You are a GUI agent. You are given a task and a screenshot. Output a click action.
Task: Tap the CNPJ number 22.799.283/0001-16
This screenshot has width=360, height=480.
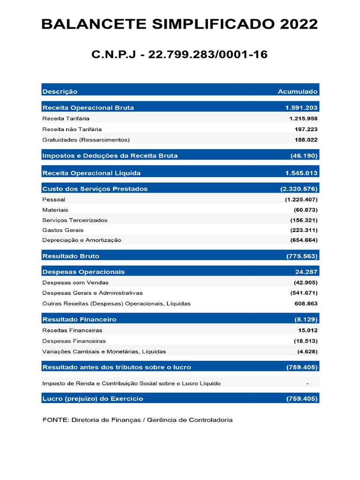click(208, 54)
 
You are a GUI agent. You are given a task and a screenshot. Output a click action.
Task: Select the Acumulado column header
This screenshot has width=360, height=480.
click(297, 91)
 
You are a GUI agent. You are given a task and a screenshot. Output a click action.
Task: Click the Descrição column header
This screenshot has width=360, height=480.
click(60, 91)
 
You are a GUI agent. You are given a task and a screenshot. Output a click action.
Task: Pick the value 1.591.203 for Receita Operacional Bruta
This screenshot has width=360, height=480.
click(301, 108)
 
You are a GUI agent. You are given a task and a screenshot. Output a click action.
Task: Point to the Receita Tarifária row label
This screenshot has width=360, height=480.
click(66, 119)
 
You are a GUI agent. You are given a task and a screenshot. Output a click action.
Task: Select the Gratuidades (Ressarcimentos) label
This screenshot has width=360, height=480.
click(86, 140)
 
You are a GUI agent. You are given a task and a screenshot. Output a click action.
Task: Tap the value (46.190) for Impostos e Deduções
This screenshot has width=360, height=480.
click(304, 156)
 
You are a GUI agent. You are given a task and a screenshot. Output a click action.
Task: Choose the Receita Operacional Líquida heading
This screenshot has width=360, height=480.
click(91, 173)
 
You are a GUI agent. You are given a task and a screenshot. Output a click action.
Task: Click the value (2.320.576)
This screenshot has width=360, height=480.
click(299, 189)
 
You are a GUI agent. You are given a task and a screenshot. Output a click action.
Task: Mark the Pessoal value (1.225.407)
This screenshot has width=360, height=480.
click(301, 200)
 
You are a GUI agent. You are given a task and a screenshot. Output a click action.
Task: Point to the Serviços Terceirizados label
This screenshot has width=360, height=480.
click(75, 220)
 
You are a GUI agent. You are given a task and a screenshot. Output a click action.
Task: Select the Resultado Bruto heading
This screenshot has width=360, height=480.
click(71, 256)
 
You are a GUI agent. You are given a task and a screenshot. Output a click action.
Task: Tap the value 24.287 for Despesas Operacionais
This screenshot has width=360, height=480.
click(306, 272)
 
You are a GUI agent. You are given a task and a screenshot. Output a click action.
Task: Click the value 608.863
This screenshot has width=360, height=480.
click(306, 303)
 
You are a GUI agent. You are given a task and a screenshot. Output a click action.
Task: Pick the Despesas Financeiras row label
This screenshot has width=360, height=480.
click(74, 341)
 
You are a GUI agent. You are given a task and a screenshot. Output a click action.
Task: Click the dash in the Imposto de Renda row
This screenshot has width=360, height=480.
click(307, 383)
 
